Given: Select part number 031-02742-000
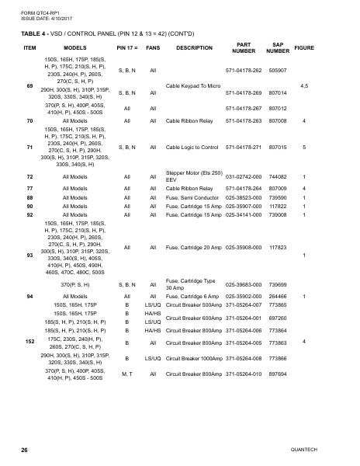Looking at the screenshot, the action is coord(242,177).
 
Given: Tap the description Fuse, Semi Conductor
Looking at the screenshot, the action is coord(194,197).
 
